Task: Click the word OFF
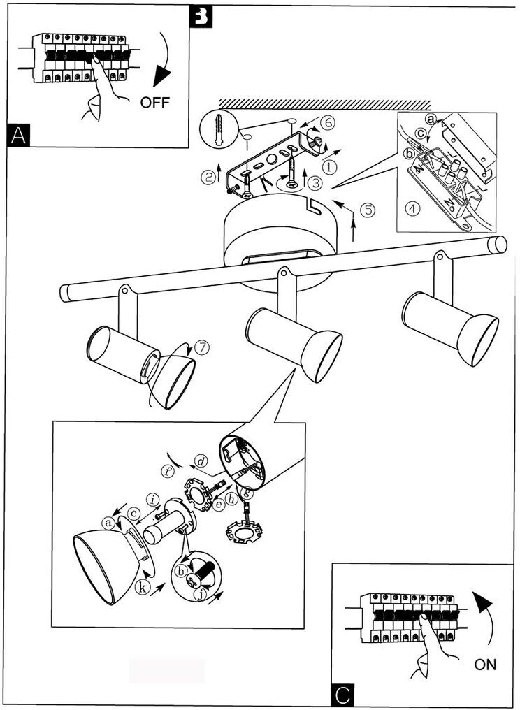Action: (154, 103)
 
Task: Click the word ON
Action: (485, 665)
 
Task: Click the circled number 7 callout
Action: (201, 347)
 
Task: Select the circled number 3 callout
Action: (315, 183)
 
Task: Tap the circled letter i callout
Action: (152, 499)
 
